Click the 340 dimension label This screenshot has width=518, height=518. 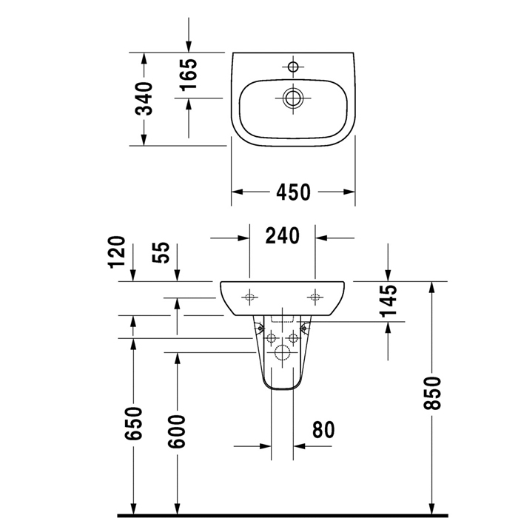[144, 98]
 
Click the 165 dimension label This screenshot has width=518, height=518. [188, 74]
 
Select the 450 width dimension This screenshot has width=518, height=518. [293, 192]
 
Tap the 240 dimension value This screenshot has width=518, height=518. [283, 235]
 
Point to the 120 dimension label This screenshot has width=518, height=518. [117, 252]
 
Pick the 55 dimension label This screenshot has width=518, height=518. [161, 252]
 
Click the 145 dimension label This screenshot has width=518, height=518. [388, 300]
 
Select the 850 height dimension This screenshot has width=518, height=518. [432, 393]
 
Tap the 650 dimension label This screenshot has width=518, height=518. [133, 423]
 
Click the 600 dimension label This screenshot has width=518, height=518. [177, 431]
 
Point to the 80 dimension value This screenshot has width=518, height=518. [323, 429]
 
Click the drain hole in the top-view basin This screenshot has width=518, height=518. [293, 98]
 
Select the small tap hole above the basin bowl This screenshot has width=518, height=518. [293, 67]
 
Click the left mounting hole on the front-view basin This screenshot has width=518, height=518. [249, 297]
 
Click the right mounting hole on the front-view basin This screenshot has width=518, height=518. [314, 297]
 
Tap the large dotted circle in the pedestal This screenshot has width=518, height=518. [282, 352]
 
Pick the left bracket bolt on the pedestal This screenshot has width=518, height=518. [261, 328]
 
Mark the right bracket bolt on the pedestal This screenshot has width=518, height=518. [304, 328]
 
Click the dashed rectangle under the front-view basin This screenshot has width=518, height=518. [283, 319]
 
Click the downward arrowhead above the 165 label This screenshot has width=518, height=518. [189, 47]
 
